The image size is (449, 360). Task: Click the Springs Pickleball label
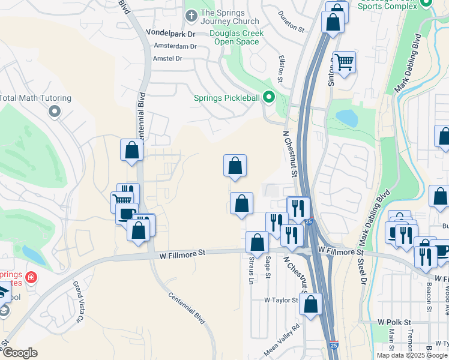click(226, 98)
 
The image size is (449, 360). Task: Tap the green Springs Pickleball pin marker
click(269, 97)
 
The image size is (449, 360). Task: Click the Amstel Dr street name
click(167, 58)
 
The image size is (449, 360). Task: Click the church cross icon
click(191, 16)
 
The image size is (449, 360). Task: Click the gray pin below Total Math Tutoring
click(55, 111)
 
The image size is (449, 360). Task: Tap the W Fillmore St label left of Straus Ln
click(182, 254)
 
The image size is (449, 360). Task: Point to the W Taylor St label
click(281, 300)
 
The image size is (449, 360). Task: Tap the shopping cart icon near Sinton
click(344, 61)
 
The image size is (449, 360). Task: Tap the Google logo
click(19, 353)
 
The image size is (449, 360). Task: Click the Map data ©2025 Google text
click(411, 355)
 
